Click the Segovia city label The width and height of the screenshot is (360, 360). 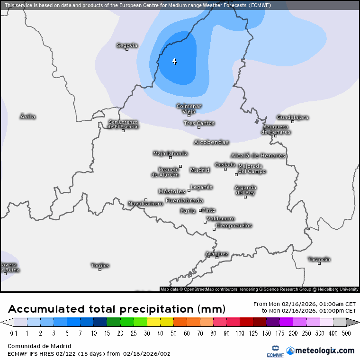(127, 45)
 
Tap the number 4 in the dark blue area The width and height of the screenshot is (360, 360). (174, 61)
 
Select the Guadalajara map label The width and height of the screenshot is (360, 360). (292, 117)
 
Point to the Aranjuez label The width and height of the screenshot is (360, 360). (217, 253)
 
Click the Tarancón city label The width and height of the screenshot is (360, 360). (319, 259)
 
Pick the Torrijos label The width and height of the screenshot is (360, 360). (100, 265)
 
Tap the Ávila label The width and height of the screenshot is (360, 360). (28, 117)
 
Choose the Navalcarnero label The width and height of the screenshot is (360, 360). (145, 204)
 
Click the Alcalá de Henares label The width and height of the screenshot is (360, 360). (258, 155)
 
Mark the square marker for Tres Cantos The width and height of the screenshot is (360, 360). (199, 127)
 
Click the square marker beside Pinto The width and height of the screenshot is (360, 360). (200, 210)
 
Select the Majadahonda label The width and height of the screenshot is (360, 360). (171, 153)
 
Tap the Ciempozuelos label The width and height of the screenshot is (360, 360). (234, 225)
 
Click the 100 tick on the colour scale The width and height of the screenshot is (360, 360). (240, 333)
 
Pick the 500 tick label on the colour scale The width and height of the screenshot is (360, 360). (347, 333)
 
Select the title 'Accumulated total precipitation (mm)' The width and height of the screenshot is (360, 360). (117, 309)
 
